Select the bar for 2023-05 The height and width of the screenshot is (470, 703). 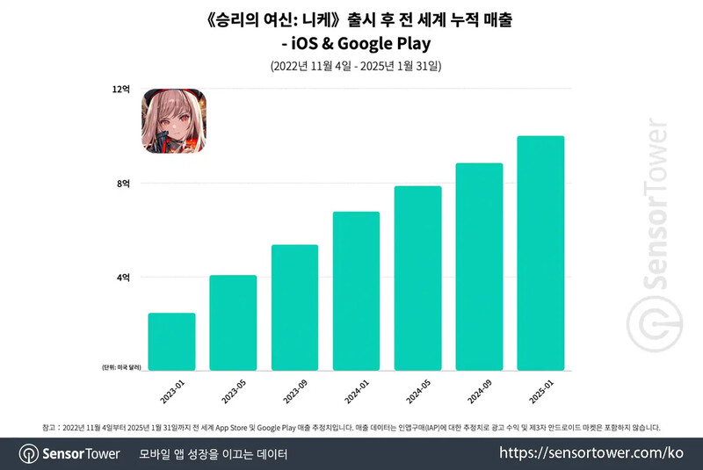[x=233, y=322]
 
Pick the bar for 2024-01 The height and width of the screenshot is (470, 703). [x=356, y=291]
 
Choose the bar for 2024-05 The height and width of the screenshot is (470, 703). [x=417, y=278]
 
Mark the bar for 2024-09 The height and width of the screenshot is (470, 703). [x=479, y=266]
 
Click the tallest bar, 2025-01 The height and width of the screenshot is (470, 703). [x=540, y=253]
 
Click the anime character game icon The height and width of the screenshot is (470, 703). [x=173, y=120]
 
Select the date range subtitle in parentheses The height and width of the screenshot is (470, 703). [x=351, y=67]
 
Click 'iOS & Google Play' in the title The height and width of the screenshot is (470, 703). [x=351, y=43]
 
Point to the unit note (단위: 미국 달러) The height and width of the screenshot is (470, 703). [x=120, y=366]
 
